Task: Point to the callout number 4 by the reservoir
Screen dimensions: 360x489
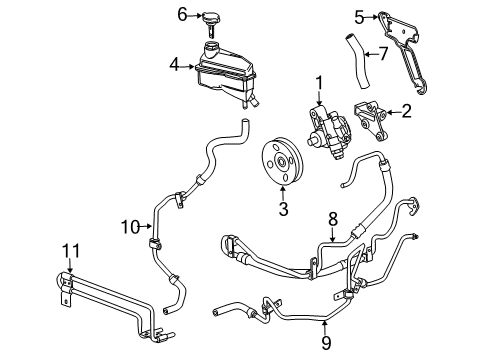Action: (x=174, y=65)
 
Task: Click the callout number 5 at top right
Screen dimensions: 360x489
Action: (x=357, y=17)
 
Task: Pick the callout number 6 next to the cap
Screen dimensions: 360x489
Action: (x=182, y=14)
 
